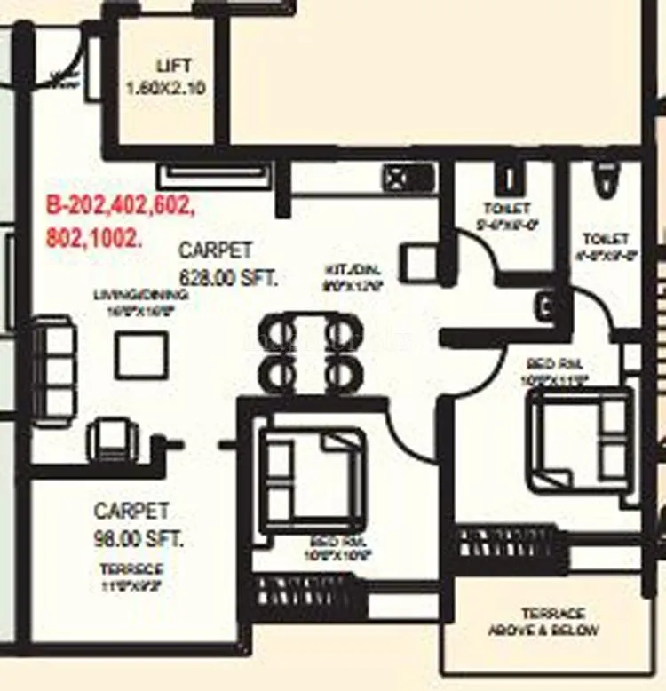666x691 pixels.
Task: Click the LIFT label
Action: point(173,67)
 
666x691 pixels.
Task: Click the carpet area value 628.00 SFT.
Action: point(229,277)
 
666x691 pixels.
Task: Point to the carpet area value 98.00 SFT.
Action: point(140,538)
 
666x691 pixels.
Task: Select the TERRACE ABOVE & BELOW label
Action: point(543,622)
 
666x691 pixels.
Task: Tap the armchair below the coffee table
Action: point(113,438)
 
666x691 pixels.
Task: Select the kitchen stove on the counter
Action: point(408,179)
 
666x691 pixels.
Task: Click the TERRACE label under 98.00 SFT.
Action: point(131,569)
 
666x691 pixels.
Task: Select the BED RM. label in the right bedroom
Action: point(555,364)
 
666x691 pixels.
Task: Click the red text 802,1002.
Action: point(92,238)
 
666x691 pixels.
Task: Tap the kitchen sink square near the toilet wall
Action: point(416,264)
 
